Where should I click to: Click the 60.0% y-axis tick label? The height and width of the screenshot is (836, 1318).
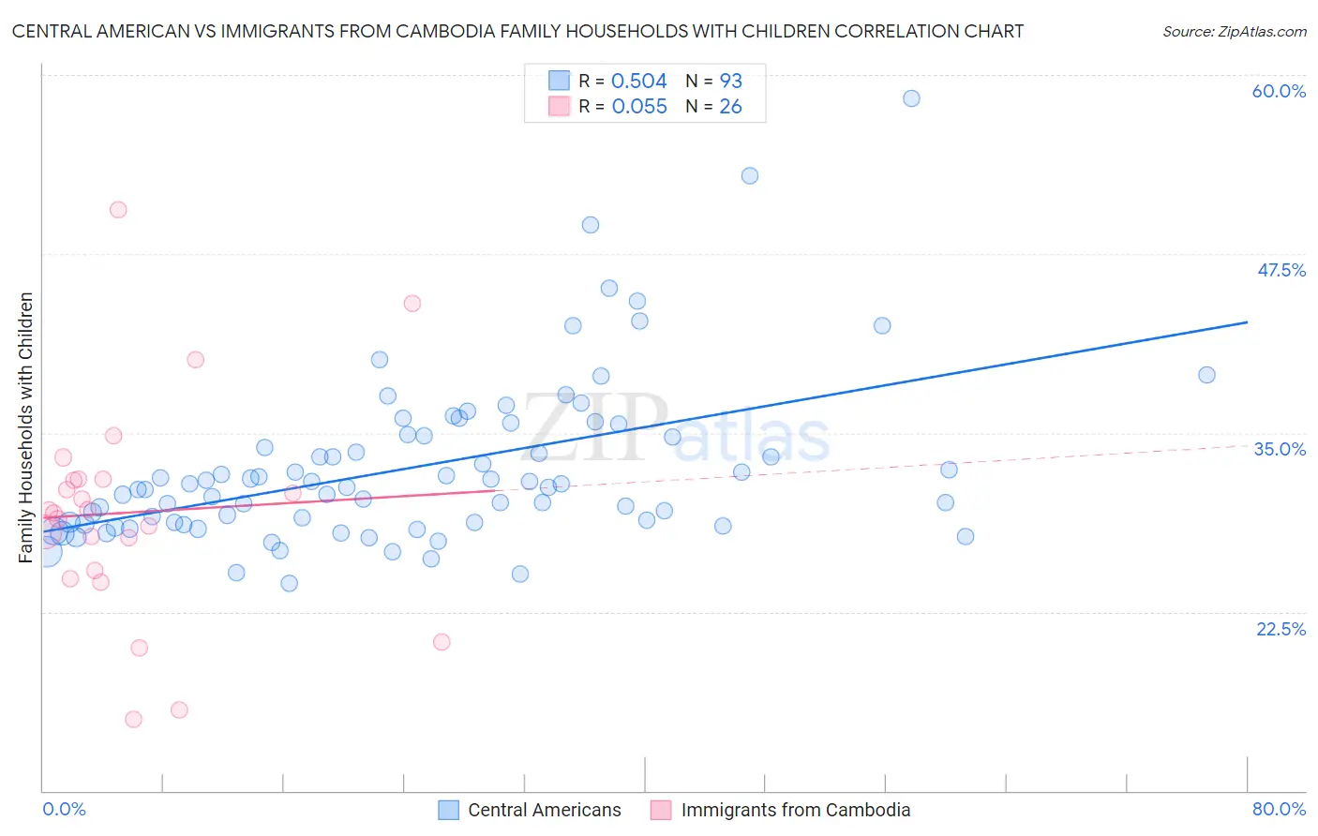pos(1279,91)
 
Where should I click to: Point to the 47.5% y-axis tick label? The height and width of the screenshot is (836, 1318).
pos(1281,270)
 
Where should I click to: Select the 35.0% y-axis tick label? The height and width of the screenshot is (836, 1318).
pos(1280,449)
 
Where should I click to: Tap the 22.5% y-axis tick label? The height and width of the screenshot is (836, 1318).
pos(1281,629)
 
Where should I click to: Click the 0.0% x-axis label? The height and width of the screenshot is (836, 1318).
pos(64,809)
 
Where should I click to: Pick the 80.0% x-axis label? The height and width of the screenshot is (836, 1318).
pos(1279,809)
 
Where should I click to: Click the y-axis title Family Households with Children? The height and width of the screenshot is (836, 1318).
pos(25,427)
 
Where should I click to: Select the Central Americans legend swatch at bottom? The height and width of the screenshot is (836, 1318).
pos(449,810)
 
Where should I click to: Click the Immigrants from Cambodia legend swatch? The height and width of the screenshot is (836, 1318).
pos(662,810)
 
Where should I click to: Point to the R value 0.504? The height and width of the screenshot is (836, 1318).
pos(638,82)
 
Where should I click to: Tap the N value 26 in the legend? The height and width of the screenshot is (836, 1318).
pos(730,107)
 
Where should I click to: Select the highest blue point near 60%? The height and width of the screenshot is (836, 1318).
pos(911,98)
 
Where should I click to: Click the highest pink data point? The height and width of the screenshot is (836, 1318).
pos(118,210)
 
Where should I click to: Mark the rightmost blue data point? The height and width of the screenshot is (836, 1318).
pos(1206,375)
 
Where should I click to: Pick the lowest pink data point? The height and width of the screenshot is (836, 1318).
pos(133,720)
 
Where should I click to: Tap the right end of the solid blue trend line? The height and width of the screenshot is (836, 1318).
pos(1247,322)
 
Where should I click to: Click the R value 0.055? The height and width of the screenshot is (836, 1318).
pos(639,107)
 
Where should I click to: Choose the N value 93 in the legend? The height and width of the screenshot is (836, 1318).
pos(730,82)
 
